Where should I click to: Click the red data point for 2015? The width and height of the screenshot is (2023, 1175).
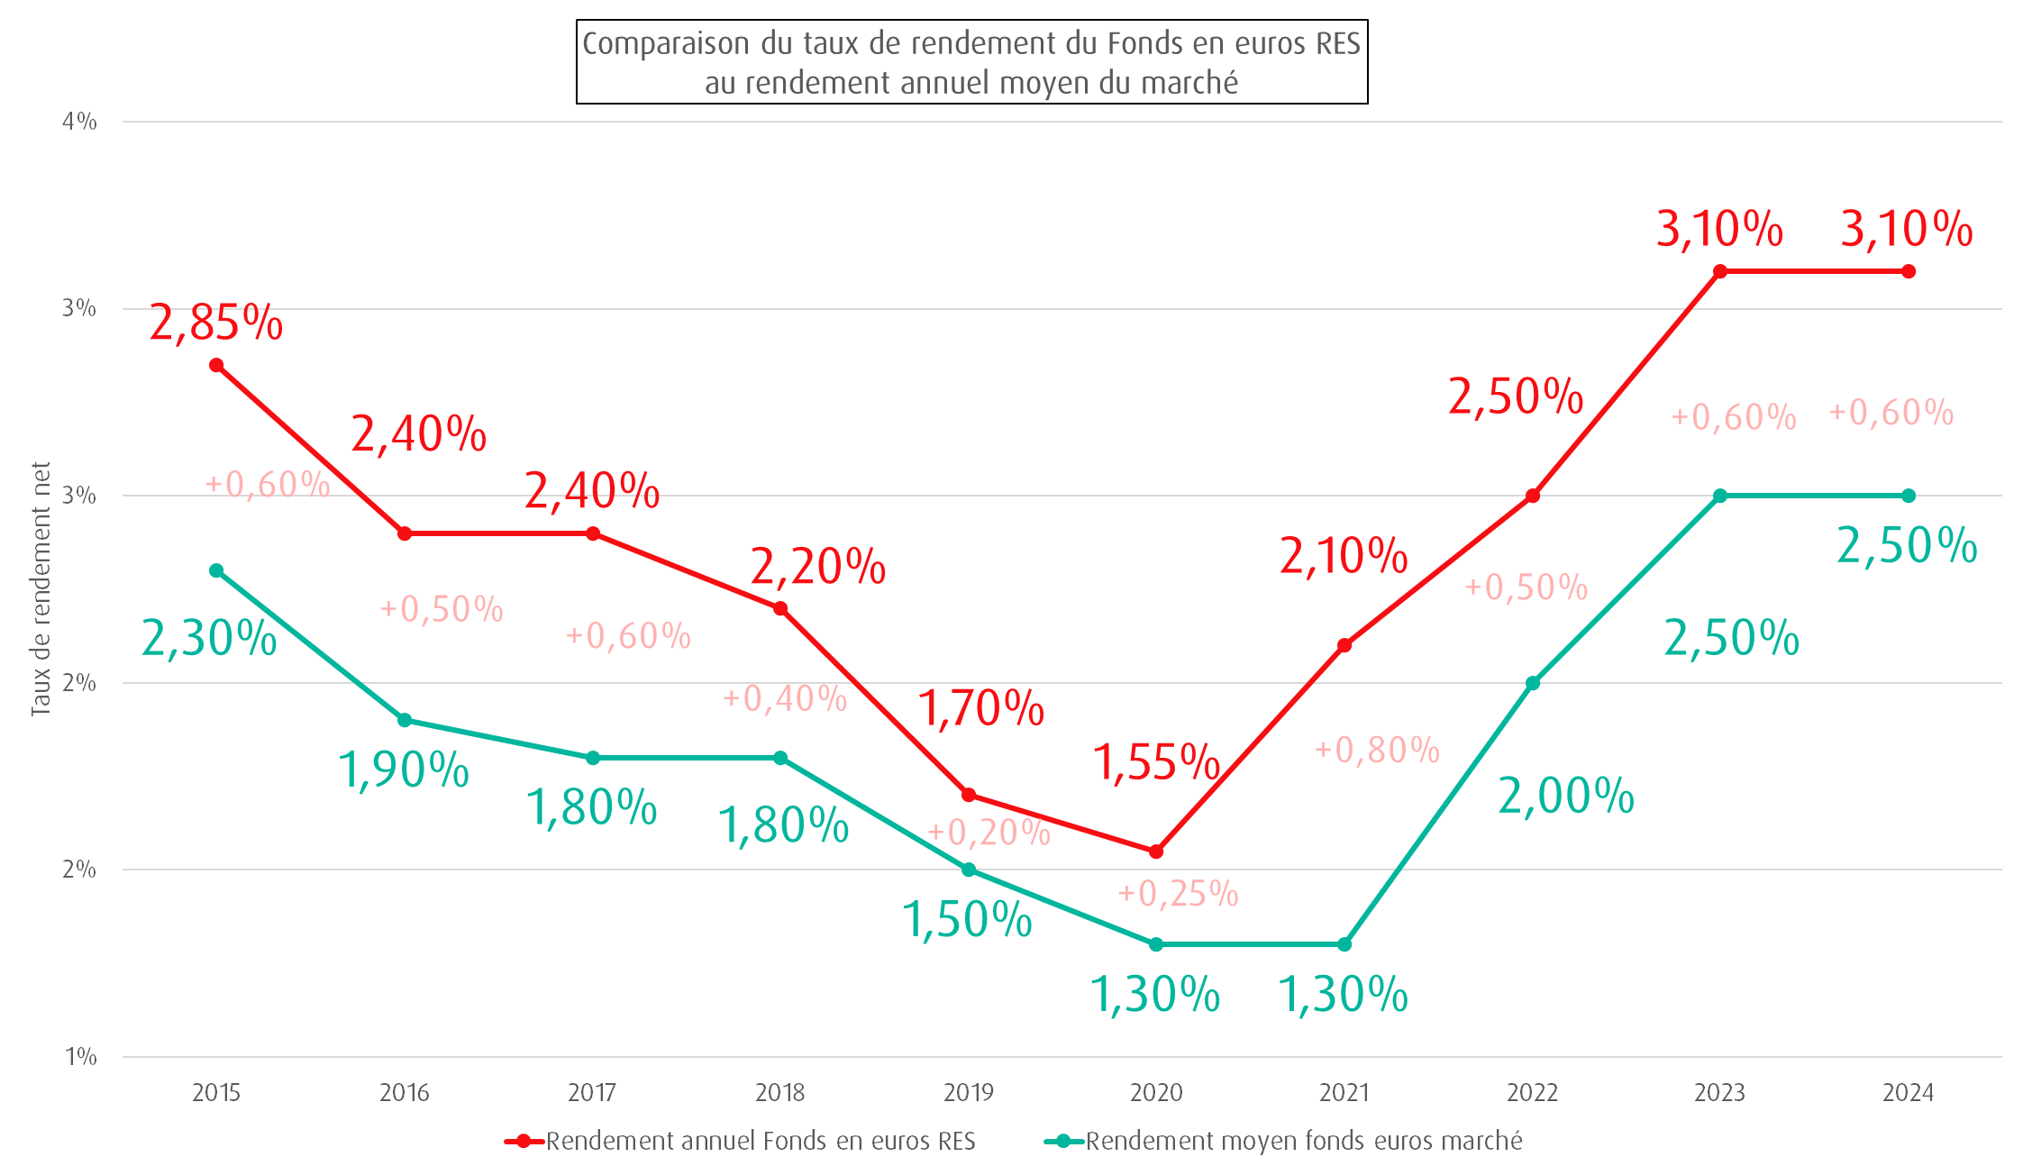[x=216, y=365]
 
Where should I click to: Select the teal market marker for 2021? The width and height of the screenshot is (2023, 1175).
[x=1344, y=944]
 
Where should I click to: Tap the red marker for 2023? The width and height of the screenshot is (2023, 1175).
[x=1720, y=271]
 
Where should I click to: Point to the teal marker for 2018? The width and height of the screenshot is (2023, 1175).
[x=780, y=758]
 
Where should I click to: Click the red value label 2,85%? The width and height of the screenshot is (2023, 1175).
[x=215, y=323]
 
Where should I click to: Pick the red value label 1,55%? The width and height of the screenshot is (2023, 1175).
[x=1156, y=762]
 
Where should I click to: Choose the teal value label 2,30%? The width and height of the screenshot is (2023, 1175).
[x=209, y=638]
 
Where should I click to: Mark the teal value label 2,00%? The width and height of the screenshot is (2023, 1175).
[x=1566, y=797]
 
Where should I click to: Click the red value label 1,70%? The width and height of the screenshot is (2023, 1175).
[x=980, y=708]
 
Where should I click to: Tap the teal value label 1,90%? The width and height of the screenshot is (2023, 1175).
[x=404, y=770]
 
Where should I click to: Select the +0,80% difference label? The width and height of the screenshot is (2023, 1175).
[x=1377, y=750]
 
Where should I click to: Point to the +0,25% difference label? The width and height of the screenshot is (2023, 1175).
[x=1178, y=893]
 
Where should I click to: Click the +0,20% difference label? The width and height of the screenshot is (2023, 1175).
[x=989, y=832]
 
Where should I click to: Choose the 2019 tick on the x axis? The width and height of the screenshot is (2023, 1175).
[x=969, y=1093]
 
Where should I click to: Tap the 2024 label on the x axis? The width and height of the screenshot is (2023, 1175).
[x=1908, y=1093]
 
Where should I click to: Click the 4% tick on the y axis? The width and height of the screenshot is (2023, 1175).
[x=79, y=122]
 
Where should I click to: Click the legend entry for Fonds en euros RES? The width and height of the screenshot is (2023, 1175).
[x=760, y=1141]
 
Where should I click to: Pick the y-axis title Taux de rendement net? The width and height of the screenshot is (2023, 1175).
[x=41, y=589]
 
